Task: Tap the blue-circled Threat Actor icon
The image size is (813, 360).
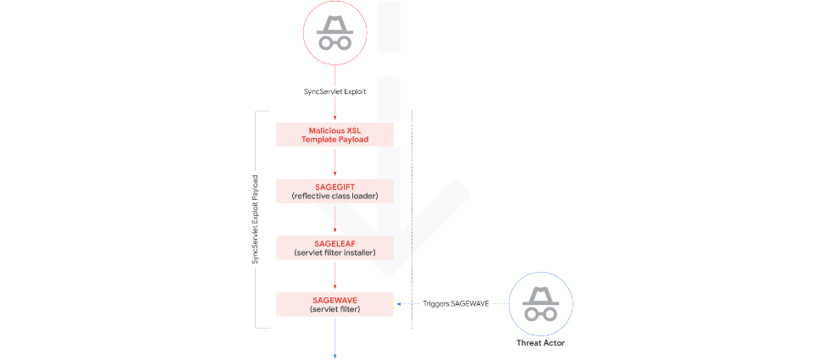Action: pyautogui.click(x=540, y=303)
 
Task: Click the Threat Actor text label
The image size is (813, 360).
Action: pyautogui.click(x=540, y=343)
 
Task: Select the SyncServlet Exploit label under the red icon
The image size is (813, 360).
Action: pyautogui.click(x=335, y=91)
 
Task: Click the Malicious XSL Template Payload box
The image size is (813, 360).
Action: pyautogui.click(x=335, y=135)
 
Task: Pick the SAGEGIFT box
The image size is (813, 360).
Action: pyautogui.click(x=335, y=191)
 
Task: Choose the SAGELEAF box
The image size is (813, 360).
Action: pyautogui.click(x=335, y=246)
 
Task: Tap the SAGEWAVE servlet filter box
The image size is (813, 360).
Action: pyautogui.click(x=335, y=303)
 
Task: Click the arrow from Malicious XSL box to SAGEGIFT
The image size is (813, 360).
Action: pyautogui.click(x=335, y=163)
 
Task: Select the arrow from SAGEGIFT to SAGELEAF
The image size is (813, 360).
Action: pyautogui.click(x=335, y=219)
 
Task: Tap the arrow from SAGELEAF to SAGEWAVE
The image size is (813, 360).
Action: pyautogui.click(x=335, y=275)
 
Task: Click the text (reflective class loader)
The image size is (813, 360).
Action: pyautogui.click(x=335, y=197)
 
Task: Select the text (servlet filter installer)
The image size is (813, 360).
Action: pyautogui.click(x=335, y=252)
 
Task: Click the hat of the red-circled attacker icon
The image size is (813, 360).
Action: pyautogui.click(x=335, y=24)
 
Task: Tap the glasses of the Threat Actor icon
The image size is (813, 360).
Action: pyautogui.click(x=540, y=312)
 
